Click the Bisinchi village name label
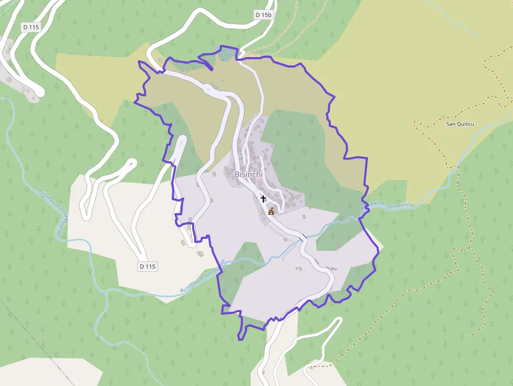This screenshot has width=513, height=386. [x=249, y=174]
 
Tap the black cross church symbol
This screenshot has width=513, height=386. [x=263, y=198]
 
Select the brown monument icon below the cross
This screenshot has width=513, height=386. [x=271, y=211]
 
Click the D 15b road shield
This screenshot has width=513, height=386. [x=264, y=15]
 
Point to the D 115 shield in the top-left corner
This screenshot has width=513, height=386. [x=31, y=27]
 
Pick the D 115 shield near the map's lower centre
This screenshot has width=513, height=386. [x=148, y=266]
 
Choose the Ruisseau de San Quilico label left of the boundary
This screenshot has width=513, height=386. [x=202, y=277]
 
